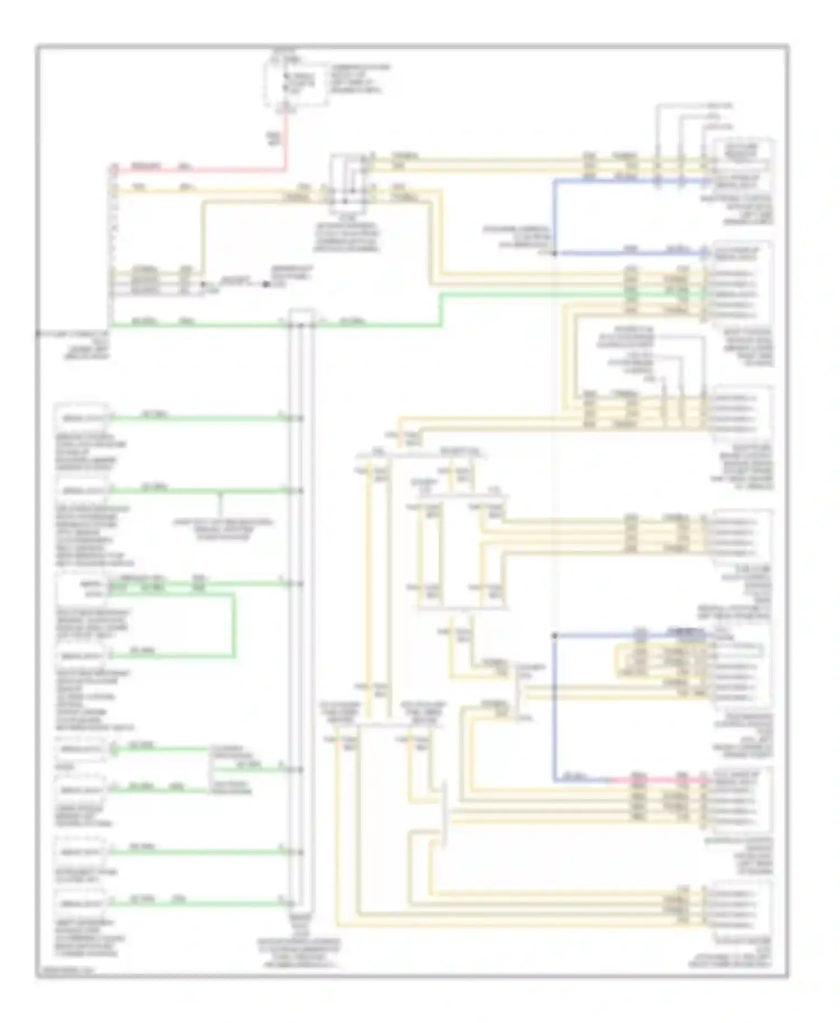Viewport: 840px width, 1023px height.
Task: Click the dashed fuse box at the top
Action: click(x=297, y=85)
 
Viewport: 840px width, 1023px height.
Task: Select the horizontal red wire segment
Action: click(x=196, y=167)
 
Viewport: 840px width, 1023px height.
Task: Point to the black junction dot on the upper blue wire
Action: click(x=554, y=254)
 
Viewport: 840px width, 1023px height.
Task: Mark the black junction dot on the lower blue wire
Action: click(x=554, y=636)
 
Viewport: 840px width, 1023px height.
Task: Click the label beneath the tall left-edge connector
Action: click(x=73, y=345)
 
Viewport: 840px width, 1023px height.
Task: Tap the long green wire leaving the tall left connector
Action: click(x=196, y=323)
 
